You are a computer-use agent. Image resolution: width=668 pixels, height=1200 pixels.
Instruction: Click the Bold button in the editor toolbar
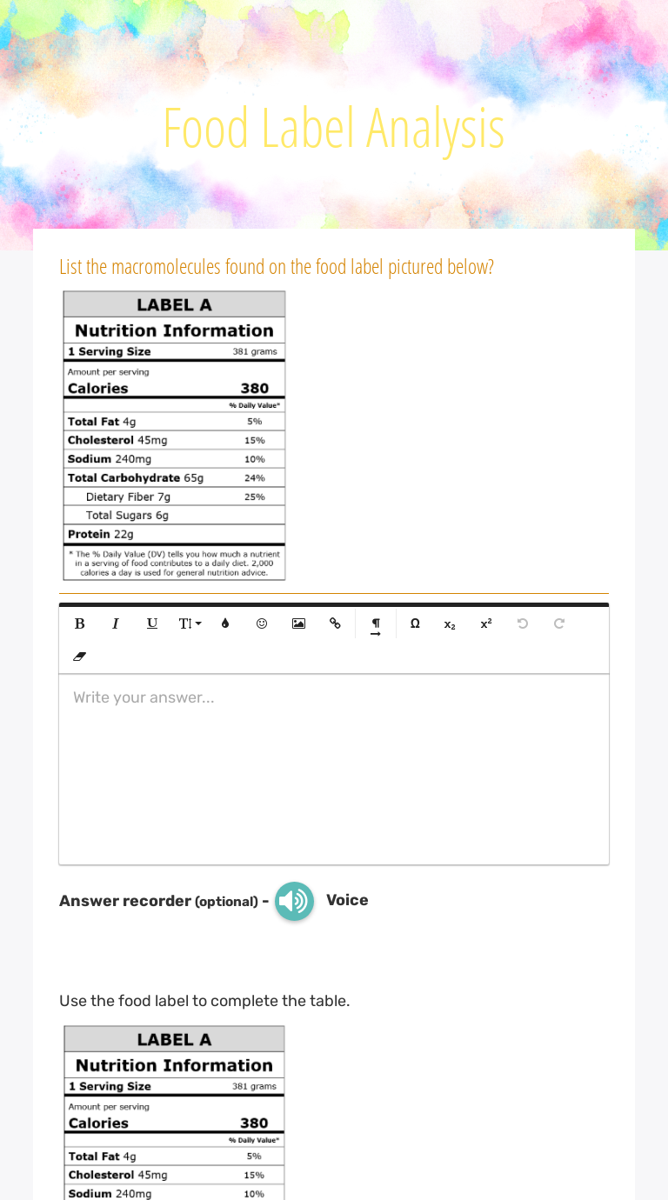pos(79,623)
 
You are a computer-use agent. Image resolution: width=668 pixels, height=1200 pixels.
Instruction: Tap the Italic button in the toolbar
pos(115,623)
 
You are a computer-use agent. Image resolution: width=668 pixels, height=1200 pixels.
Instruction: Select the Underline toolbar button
pos(152,623)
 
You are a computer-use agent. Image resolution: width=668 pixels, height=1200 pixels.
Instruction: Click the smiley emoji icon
pos(262,623)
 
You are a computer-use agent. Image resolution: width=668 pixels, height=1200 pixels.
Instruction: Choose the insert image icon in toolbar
pos(298,623)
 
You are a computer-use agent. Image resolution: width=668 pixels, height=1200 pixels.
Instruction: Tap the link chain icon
pos(335,623)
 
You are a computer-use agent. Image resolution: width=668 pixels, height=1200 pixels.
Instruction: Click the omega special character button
pos(415,623)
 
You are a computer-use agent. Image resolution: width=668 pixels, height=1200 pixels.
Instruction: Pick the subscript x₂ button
pos(450,624)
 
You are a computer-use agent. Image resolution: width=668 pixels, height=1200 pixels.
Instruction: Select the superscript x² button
pos(486,623)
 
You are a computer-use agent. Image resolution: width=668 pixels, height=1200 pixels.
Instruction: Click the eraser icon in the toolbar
pos(79,657)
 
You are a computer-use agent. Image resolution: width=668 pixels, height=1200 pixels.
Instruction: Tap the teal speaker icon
pos(294,901)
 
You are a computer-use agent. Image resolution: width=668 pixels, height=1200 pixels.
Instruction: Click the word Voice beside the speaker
pos(347,900)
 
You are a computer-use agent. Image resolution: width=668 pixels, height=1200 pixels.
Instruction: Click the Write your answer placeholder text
pos(144,697)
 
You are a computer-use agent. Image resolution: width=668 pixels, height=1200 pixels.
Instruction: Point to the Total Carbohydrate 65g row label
pos(136,478)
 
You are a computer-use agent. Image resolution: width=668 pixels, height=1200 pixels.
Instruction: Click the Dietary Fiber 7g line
pos(128,497)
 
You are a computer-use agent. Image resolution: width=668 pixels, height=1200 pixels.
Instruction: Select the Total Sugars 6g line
pos(127,516)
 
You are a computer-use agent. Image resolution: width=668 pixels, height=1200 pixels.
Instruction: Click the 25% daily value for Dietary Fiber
pos(255,497)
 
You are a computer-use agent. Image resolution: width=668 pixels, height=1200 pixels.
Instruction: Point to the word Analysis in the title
pos(435,128)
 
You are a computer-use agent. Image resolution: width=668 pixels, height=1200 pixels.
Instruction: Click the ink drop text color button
pos(225,623)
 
